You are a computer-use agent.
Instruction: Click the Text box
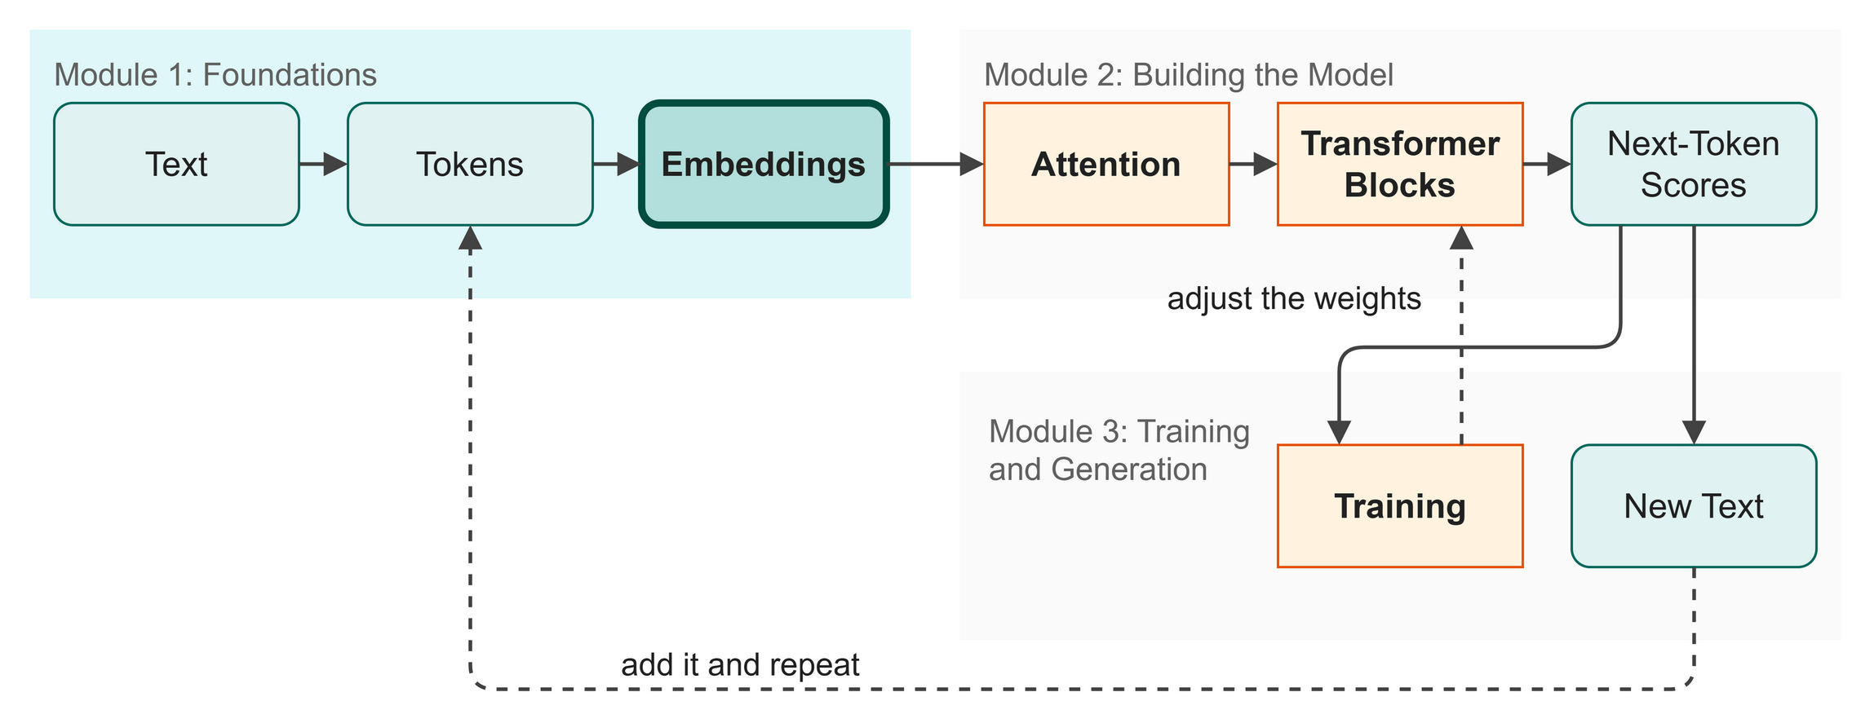coord(176,164)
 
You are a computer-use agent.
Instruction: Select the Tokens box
coord(470,164)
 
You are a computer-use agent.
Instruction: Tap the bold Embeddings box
coord(764,164)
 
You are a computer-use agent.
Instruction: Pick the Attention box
coord(1106,164)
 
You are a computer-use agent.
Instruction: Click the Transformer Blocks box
coord(1400,164)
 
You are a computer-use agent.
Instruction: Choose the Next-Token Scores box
coord(1694,164)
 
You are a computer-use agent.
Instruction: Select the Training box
coord(1400,506)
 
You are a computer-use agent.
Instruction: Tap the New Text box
coord(1694,506)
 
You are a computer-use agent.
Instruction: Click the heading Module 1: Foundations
coord(215,75)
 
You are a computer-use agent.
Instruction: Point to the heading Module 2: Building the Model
coord(1189,75)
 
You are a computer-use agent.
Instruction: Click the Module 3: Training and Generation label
coord(1119,451)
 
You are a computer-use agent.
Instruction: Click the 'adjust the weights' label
coord(1294,298)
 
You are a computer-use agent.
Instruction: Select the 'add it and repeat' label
coord(740,665)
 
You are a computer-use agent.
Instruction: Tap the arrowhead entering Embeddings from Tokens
coord(629,164)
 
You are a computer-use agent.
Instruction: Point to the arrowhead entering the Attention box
coord(972,164)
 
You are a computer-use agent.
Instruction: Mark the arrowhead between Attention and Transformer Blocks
coord(1265,164)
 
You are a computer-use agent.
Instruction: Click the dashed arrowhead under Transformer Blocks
coord(1461,237)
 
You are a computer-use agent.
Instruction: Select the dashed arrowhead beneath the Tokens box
coord(470,237)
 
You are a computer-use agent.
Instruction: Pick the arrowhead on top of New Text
coord(1694,433)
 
